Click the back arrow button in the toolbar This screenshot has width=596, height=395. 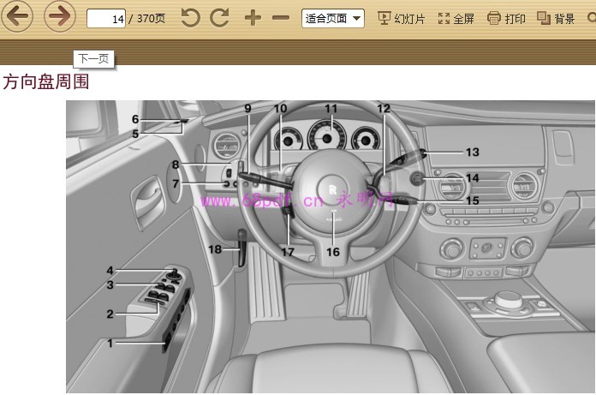[x=18, y=17]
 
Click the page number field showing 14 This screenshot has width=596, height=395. [x=107, y=18]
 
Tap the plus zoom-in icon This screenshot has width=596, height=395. [x=252, y=18]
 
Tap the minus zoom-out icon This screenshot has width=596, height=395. [x=280, y=18]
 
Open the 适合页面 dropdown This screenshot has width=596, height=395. [x=332, y=18]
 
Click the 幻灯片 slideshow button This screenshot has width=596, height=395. [x=401, y=18]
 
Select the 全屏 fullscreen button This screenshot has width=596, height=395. [x=456, y=18]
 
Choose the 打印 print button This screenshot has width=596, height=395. [x=506, y=18]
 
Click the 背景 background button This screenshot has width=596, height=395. [x=556, y=18]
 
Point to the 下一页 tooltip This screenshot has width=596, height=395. [x=93, y=58]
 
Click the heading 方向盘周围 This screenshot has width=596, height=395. [x=46, y=82]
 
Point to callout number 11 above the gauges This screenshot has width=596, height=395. [x=331, y=109]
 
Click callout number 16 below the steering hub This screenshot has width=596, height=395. [x=332, y=252]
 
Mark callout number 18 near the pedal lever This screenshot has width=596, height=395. [x=215, y=248]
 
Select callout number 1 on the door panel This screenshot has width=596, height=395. [x=110, y=343]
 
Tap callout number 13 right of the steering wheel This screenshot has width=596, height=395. [x=473, y=152]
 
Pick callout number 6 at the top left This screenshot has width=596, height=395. [x=135, y=119]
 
